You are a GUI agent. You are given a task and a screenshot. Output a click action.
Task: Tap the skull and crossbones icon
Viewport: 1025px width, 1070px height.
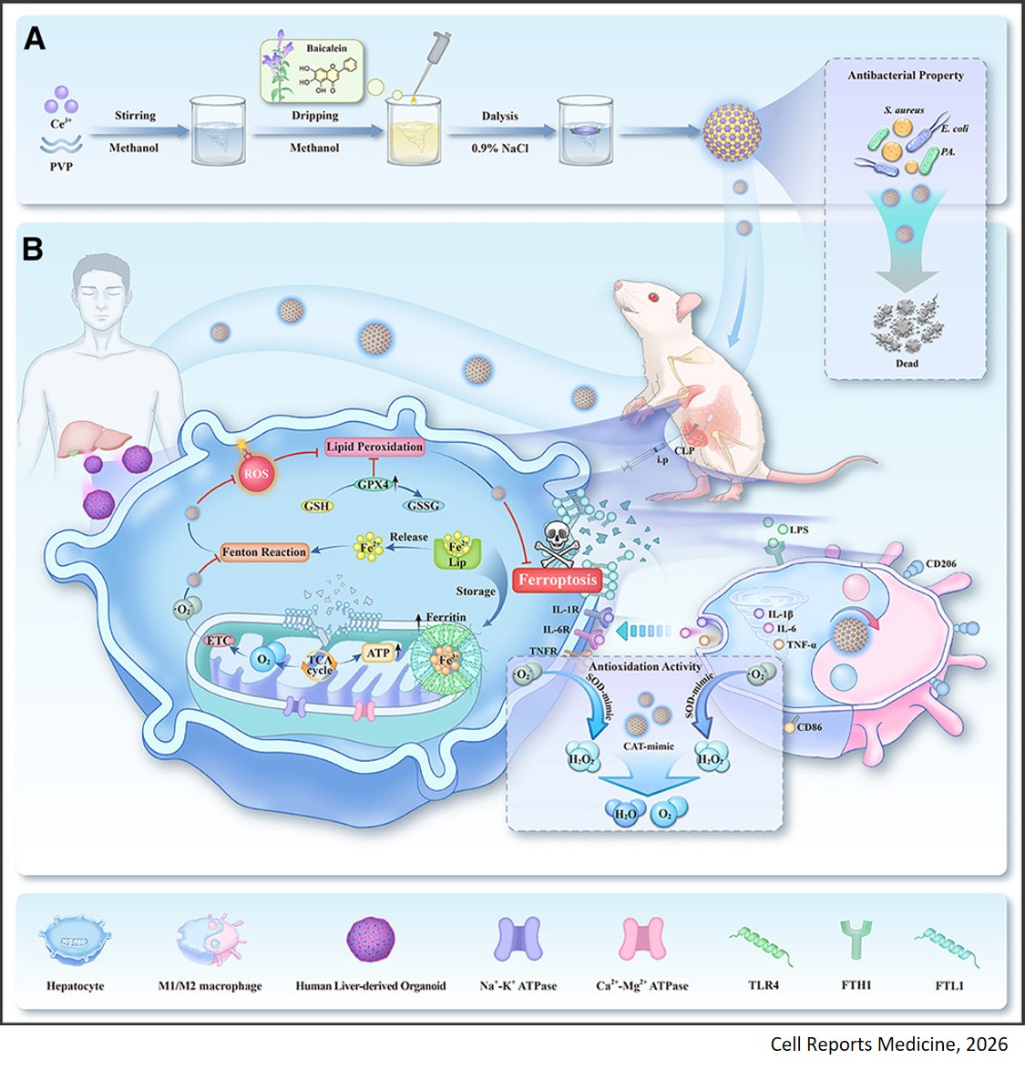tap(553, 545)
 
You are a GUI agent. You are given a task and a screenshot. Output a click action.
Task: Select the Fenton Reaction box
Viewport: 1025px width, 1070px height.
tap(264, 552)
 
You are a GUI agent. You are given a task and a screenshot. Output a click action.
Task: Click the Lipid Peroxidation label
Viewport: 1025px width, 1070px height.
tap(374, 447)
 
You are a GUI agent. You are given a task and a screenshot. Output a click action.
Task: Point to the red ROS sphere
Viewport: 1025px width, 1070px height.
tap(256, 475)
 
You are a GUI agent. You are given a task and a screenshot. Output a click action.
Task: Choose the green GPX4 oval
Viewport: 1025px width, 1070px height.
tap(374, 485)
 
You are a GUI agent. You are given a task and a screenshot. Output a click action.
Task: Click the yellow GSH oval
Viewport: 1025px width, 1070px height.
tap(316, 506)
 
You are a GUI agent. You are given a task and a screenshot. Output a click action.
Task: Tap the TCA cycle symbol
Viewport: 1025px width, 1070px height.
tap(320, 665)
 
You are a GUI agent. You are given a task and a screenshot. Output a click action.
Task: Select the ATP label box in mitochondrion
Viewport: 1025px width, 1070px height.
tap(377, 653)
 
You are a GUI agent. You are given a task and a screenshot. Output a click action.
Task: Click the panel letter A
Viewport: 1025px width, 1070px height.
tap(34, 39)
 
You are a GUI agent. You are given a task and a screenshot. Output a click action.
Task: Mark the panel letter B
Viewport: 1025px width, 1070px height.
tap(33, 249)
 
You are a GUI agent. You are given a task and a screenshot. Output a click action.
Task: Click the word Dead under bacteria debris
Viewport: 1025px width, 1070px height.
tap(907, 363)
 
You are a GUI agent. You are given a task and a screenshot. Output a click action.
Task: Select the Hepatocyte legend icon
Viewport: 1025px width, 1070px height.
tap(75, 941)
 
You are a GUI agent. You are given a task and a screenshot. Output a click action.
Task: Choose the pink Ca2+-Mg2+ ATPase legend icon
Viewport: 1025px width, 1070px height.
tap(642, 941)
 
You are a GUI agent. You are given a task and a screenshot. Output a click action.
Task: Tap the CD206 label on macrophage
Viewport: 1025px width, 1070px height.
tap(941, 564)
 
